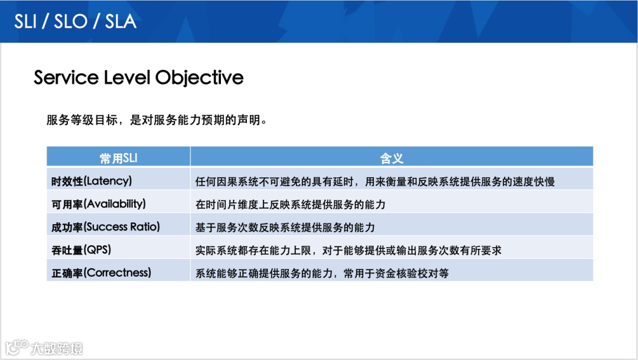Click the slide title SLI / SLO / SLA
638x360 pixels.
75,22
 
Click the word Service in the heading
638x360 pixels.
66,77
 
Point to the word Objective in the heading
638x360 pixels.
200,78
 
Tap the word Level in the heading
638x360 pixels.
127,77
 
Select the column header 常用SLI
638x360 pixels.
118,158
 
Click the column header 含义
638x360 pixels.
392,158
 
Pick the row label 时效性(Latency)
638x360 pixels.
92,181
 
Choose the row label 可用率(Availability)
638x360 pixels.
99,204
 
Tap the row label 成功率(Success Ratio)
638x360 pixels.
106,227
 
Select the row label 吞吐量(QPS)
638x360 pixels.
82,249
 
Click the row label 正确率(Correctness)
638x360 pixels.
102,273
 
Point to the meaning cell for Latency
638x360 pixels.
375,181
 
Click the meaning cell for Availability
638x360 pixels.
290,205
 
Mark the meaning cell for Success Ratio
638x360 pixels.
285,227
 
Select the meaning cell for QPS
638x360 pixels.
349,250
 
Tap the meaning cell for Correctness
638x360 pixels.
322,273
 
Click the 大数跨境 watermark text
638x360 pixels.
57,349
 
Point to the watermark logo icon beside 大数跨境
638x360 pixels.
17,348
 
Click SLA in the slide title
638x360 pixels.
121,22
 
